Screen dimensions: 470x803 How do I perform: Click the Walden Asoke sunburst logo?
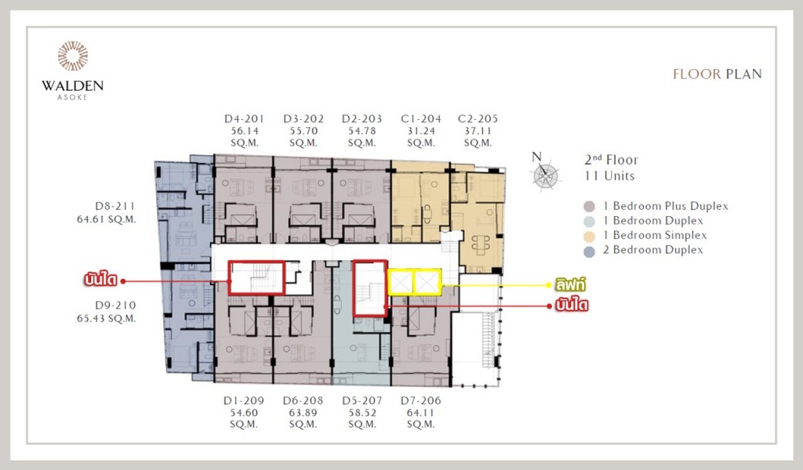click(x=72, y=56)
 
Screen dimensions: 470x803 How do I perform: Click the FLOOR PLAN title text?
click(x=717, y=74)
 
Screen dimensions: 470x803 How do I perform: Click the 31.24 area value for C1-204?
click(x=420, y=131)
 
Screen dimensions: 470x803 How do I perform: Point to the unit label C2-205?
click(x=478, y=119)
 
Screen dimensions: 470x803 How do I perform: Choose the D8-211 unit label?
click(x=115, y=207)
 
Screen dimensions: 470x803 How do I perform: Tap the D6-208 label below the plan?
click(x=303, y=400)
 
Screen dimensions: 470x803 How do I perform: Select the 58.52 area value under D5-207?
click(x=361, y=412)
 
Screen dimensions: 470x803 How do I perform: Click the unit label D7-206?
click(x=420, y=400)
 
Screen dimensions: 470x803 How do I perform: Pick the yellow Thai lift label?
click(x=572, y=285)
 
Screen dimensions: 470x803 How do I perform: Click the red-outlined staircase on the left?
click(x=255, y=277)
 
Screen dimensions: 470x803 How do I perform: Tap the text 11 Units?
click(x=609, y=176)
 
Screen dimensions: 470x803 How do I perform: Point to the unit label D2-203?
click(x=362, y=119)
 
